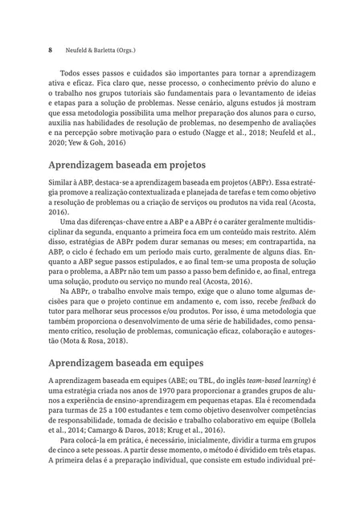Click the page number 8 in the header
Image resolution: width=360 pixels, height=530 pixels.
51,48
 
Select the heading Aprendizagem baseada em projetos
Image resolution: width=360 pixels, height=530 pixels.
127,165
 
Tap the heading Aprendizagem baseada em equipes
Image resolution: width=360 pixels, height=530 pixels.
126,362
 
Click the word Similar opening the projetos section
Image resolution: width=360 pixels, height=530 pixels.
64,185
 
